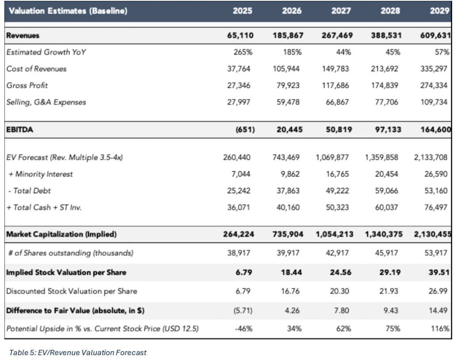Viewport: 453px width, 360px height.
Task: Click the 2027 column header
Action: pyautogui.click(x=341, y=11)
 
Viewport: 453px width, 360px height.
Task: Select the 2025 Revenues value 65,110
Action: pyautogui.click(x=240, y=35)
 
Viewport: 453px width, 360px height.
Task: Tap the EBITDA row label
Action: pyautogui.click(x=19, y=130)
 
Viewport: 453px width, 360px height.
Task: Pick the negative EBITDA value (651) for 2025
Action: pyautogui.click(x=245, y=130)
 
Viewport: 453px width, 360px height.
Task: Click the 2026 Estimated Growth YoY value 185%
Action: pyautogui.click(x=292, y=52)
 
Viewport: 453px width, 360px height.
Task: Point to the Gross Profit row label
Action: pyautogui.click(x=27, y=85)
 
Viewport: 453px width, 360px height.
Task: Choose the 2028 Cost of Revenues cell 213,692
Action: pyautogui.click(x=384, y=69)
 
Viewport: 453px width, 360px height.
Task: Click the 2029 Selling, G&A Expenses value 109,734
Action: pyautogui.click(x=434, y=102)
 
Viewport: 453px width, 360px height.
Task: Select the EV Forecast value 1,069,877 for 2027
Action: pyautogui.click(x=332, y=157)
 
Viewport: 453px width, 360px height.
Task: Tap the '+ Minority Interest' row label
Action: pyautogui.click(x=40, y=174)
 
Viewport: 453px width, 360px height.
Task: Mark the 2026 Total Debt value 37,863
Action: pyautogui.click(x=288, y=191)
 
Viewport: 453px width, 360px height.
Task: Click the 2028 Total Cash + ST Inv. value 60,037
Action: pyautogui.click(x=387, y=207)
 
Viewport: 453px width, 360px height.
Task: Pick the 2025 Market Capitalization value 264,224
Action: pyautogui.click(x=238, y=234)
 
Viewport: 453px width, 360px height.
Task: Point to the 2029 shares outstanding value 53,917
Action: pyautogui.click(x=436, y=253)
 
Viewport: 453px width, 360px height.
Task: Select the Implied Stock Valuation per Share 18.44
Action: pyautogui.click(x=292, y=272)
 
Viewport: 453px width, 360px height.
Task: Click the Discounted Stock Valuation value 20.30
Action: pyautogui.click(x=339, y=291)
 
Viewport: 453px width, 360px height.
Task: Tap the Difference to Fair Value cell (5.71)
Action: pyautogui.click(x=243, y=310)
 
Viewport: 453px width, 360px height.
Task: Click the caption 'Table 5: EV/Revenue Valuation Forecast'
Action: pyautogui.click(x=78, y=352)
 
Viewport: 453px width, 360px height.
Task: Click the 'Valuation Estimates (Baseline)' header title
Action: pyautogui.click(x=68, y=11)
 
